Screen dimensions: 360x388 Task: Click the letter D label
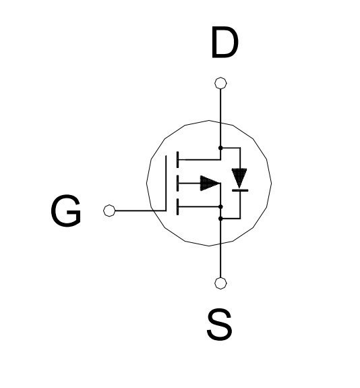coord(224,43)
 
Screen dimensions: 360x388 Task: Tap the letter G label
coord(66,211)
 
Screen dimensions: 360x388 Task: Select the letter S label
coord(220,324)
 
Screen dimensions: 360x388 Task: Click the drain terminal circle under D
coord(220,83)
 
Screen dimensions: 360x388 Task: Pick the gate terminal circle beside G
coord(109,211)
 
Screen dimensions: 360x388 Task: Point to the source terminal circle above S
coord(220,283)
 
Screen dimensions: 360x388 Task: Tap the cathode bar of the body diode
coord(240,190)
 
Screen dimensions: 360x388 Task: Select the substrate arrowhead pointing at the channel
coord(210,184)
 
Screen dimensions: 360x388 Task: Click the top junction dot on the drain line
coord(220,148)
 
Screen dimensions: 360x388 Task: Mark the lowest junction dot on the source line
coord(220,219)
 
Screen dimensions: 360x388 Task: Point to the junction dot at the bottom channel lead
coord(221,206)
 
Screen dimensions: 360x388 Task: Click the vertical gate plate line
coord(166,183)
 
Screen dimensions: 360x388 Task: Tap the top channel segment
coord(177,160)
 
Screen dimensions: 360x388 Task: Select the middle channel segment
coord(177,184)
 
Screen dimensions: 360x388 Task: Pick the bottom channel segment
coord(177,207)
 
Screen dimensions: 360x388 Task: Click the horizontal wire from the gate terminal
coord(140,211)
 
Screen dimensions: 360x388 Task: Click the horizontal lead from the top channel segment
coord(200,160)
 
